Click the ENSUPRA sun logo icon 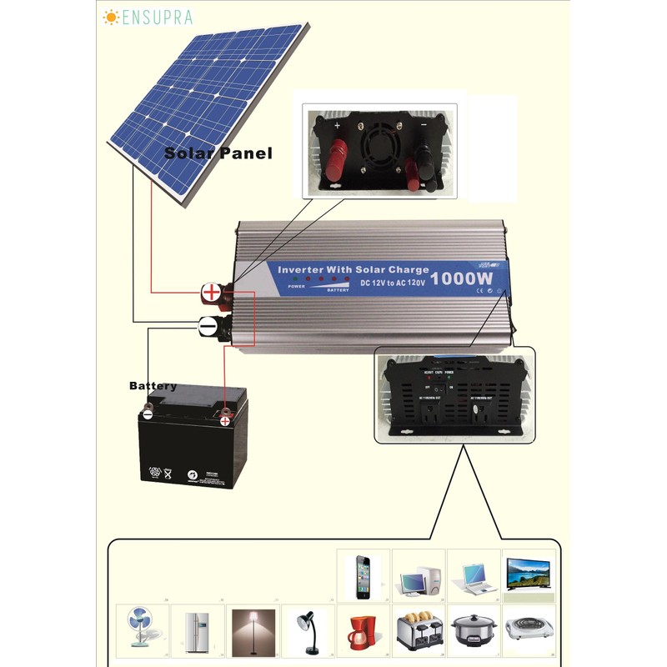pyautogui.click(x=111, y=17)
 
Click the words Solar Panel pyautogui.click(x=218, y=153)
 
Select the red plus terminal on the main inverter pyautogui.click(x=213, y=292)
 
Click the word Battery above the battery pyautogui.click(x=153, y=386)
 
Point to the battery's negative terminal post pyautogui.click(x=148, y=412)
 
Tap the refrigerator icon pyautogui.click(x=197, y=629)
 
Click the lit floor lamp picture pyautogui.click(x=253, y=629)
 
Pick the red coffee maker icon pyautogui.click(x=363, y=633)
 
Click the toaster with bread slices pyautogui.click(x=418, y=632)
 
